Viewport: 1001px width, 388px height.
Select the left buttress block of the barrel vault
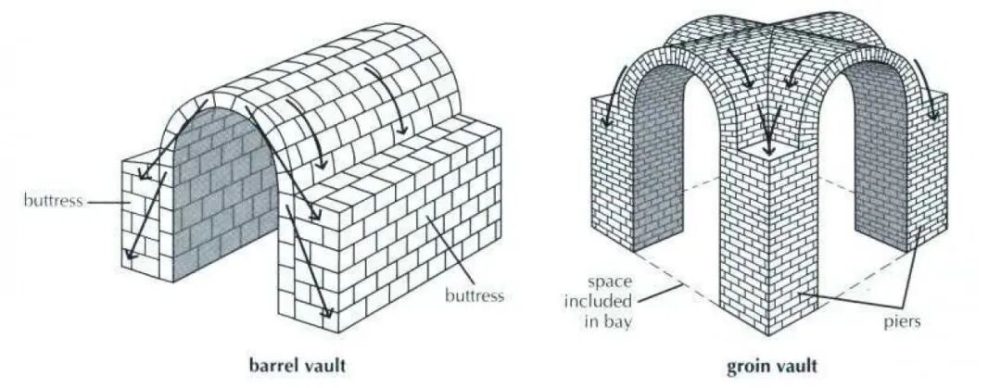(146, 222)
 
